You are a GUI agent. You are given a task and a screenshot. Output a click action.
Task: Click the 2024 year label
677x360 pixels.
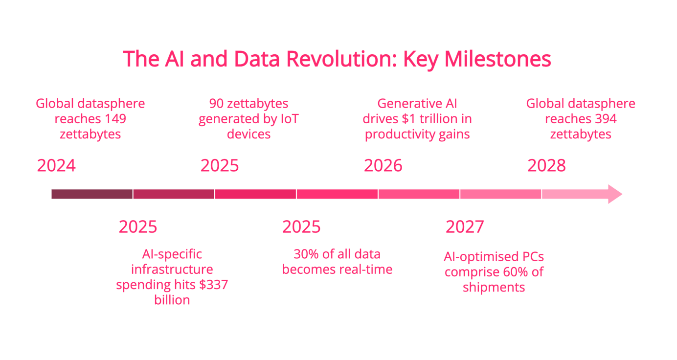tap(56, 165)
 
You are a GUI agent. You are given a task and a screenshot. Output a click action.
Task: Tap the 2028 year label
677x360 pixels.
tap(546, 165)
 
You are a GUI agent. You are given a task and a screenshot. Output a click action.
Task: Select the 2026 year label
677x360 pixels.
tap(383, 165)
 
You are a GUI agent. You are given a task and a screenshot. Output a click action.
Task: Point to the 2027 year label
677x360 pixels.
tap(465, 226)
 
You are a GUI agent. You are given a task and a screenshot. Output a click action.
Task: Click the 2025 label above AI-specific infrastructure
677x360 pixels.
tap(138, 226)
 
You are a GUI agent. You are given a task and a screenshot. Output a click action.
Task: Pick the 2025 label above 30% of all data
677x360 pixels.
tap(301, 226)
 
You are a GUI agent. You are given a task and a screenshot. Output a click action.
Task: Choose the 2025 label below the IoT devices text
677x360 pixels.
tap(220, 165)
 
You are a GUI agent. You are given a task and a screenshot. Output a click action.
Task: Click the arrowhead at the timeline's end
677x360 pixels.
tap(615, 194)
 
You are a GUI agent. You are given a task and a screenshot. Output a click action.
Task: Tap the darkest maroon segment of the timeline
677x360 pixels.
tap(92, 194)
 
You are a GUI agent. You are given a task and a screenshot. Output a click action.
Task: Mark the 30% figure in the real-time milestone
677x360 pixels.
tap(306, 254)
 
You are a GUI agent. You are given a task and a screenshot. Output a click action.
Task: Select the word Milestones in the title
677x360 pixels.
tap(498, 59)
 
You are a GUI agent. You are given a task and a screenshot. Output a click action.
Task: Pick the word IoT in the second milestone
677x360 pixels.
tap(290, 119)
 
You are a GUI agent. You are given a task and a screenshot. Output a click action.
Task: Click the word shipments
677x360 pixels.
tap(494, 288)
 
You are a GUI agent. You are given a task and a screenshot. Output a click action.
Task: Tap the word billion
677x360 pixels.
tap(172, 300)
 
